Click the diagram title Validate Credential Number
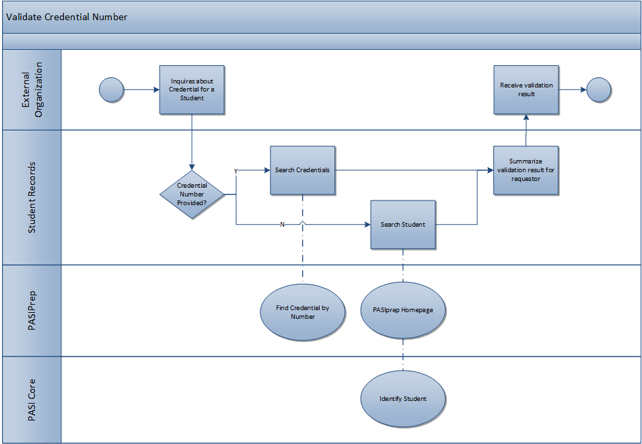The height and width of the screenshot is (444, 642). (x=67, y=17)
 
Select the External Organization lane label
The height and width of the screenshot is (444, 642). (x=32, y=89)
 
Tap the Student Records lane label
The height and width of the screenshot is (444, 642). (x=32, y=197)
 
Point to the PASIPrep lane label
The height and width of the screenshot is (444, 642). (x=32, y=310)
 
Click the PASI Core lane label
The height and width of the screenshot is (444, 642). (x=32, y=400)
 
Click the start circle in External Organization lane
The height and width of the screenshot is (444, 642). (x=111, y=89)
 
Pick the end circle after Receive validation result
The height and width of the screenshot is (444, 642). (x=598, y=89)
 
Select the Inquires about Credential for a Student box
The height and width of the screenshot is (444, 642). (x=192, y=89)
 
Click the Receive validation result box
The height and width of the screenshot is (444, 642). (x=526, y=89)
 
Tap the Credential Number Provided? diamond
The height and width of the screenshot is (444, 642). (x=192, y=194)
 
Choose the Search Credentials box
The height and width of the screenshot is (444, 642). (x=302, y=170)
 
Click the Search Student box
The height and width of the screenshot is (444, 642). (x=402, y=224)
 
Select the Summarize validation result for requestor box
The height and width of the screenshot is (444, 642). (x=526, y=170)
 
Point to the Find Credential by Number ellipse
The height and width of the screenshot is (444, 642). (x=302, y=312)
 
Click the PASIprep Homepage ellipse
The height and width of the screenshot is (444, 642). (x=402, y=310)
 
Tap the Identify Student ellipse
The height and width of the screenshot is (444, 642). (x=402, y=399)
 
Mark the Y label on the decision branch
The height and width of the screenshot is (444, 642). (x=236, y=171)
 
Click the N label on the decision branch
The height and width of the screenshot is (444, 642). (x=282, y=224)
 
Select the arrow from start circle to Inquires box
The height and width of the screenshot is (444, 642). (x=141, y=89)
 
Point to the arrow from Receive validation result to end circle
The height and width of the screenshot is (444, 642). (x=572, y=89)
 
